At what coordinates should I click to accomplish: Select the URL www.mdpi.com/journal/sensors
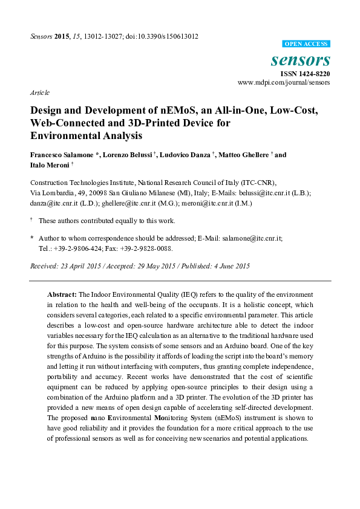click(x=284, y=82)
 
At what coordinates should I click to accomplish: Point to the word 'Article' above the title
click(x=39, y=93)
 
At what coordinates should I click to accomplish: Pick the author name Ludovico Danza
click(x=185, y=155)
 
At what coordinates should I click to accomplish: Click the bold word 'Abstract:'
click(x=62, y=293)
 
